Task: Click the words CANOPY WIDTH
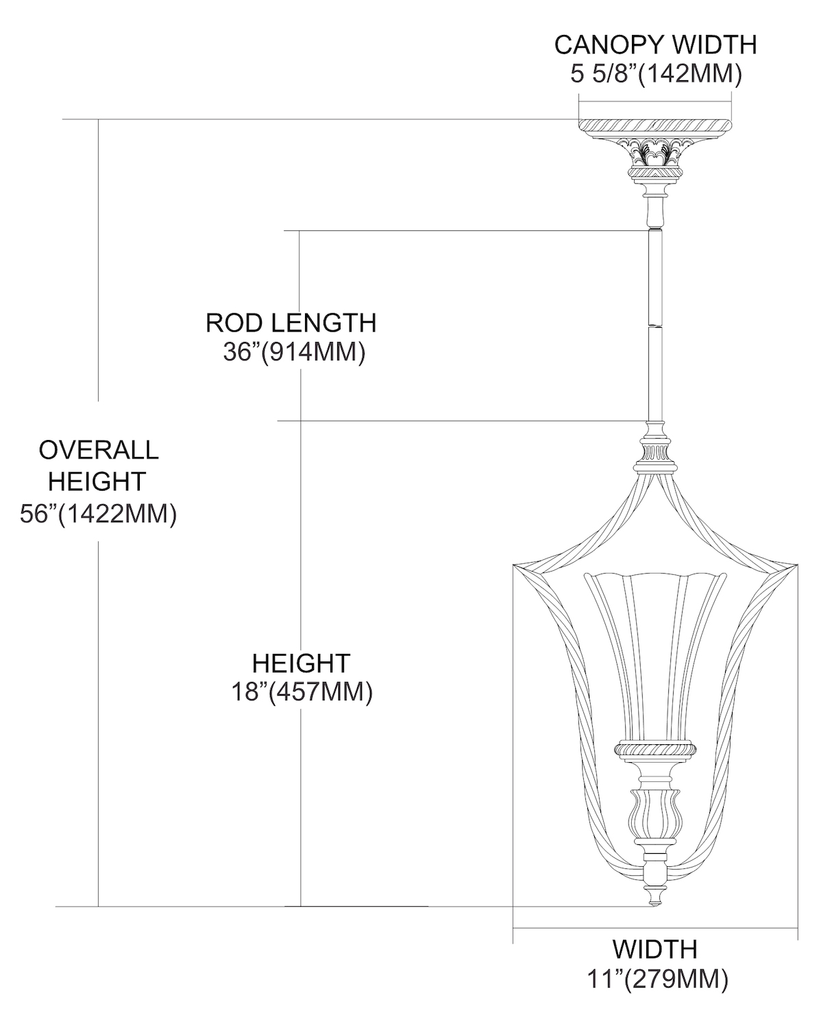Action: [655, 45]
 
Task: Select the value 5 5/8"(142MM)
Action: [656, 74]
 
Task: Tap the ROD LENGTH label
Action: [291, 323]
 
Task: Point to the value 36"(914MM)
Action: [294, 352]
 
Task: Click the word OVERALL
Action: [99, 450]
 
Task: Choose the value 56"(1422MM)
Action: [99, 514]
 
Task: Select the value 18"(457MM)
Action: [302, 692]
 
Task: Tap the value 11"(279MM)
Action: [657, 979]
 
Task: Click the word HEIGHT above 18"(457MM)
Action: [301, 663]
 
